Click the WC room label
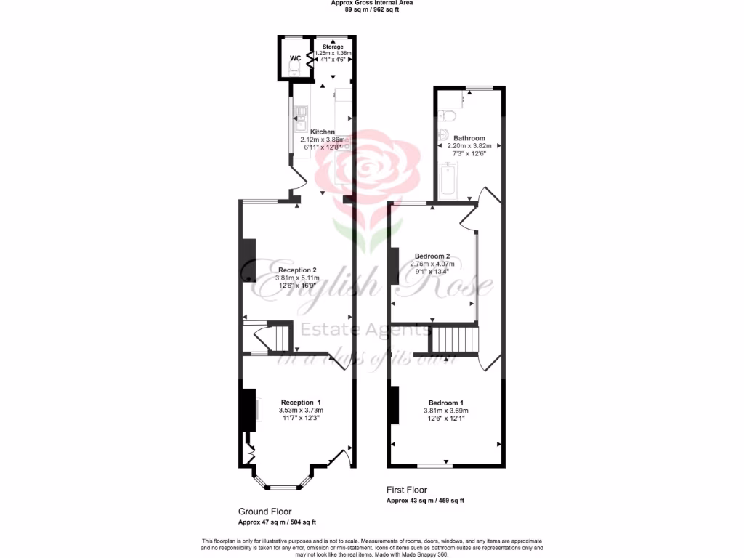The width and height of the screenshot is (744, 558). (296, 57)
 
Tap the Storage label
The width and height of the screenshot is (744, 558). (333, 46)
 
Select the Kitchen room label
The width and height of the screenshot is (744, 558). (323, 132)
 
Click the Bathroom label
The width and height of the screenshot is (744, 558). (469, 137)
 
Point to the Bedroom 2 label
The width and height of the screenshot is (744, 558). (432, 256)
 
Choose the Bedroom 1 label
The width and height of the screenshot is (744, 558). (445, 403)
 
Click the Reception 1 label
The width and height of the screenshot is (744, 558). (301, 402)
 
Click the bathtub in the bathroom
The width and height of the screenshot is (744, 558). (448, 181)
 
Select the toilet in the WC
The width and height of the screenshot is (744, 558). (294, 69)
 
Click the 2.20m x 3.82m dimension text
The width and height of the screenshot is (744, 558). (469, 145)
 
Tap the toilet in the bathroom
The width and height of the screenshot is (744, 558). (448, 116)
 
